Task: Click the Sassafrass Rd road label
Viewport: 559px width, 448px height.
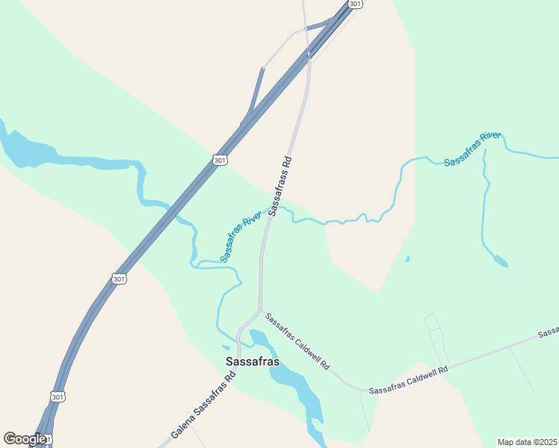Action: (279, 186)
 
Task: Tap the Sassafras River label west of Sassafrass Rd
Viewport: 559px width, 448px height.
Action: (241, 236)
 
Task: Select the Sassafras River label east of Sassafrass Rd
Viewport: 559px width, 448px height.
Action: (472, 148)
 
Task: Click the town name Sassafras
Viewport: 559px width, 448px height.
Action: (253, 361)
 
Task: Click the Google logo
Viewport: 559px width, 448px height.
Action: (25, 439)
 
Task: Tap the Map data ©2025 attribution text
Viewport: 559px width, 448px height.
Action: (527, 442)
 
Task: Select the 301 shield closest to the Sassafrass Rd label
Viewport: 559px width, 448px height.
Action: (219, 160)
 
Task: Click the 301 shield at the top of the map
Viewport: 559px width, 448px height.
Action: (356, 4)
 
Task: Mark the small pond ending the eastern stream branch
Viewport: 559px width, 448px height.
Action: (500, 261)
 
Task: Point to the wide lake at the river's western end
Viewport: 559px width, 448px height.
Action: (26, 148)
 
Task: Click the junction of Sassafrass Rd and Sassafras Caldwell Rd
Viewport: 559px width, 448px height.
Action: (260, 310)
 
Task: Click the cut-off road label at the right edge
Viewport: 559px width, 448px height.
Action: (549, 331)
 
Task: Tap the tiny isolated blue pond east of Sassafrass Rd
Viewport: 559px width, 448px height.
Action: (407, 259)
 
